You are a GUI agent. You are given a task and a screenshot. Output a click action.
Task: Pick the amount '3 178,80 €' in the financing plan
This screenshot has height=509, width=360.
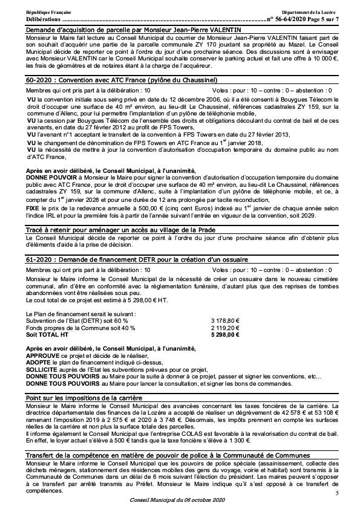tap(224, 320)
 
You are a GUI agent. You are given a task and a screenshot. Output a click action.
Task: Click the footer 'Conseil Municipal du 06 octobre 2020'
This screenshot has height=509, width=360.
tap(180, 501)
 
